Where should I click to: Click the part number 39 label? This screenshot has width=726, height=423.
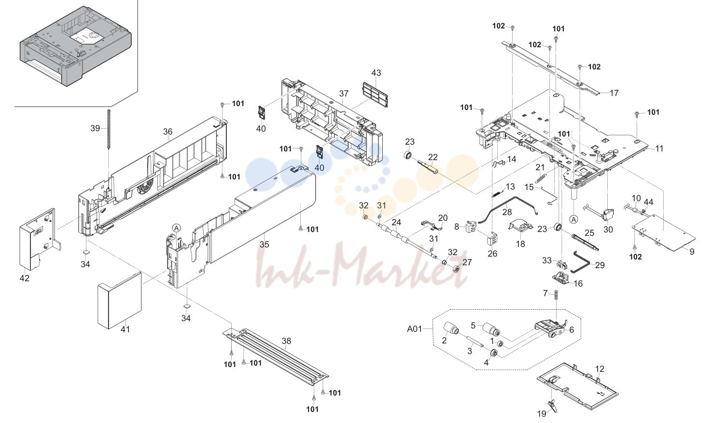95,128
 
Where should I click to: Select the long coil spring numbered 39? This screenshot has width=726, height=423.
109,129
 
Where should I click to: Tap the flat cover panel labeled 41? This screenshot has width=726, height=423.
120,300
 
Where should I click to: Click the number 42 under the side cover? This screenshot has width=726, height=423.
25,278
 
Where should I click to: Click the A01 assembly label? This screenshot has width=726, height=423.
415,329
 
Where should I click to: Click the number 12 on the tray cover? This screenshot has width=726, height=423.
600,368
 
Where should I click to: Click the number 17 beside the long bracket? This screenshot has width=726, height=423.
614,93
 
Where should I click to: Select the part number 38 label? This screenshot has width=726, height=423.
286,341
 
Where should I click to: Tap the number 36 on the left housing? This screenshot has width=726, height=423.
168,132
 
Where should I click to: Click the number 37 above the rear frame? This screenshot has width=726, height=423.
344,93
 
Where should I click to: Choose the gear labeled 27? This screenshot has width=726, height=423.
456,269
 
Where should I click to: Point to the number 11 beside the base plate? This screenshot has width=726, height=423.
659,149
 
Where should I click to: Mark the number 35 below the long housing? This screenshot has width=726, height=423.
264,244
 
